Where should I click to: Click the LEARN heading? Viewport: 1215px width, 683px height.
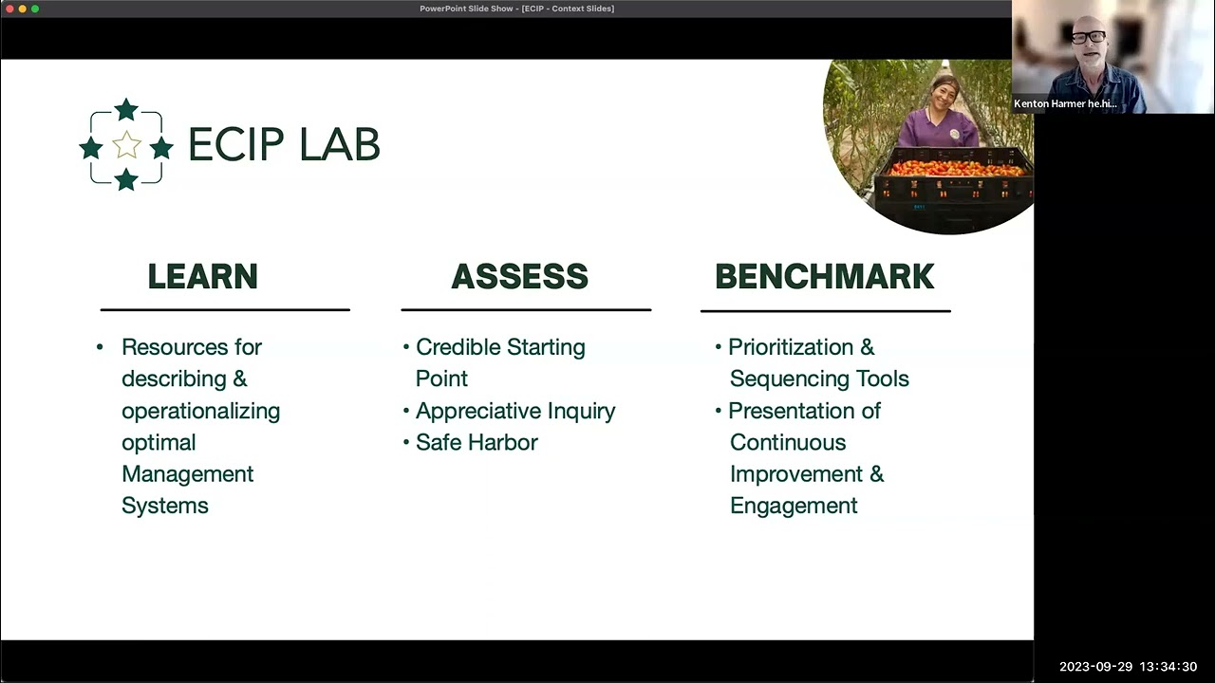202,276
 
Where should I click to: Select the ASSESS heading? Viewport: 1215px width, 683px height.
519,276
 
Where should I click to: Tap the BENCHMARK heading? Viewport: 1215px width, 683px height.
824,276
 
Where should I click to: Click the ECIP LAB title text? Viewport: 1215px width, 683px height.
283,145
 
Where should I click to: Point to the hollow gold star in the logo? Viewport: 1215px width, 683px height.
126,145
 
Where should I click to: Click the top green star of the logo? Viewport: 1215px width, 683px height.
126,110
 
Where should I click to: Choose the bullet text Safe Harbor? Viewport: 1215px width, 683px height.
477,442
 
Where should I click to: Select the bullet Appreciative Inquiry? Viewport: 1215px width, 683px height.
515,411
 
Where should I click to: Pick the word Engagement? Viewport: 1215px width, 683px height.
794,506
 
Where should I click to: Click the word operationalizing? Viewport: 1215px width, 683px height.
200,411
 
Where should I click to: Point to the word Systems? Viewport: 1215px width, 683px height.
164,506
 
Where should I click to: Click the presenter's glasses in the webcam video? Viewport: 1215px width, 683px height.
1088,37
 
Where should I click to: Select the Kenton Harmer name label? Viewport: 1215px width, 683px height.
1065,103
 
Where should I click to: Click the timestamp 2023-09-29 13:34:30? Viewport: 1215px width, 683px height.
1128,667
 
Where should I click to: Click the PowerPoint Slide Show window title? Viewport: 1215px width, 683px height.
516,9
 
